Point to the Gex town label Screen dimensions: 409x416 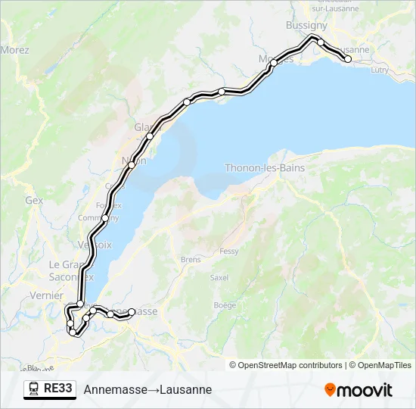pyautogui.click(x=34, y=201)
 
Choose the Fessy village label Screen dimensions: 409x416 pyautogui.click(x=229, y=251)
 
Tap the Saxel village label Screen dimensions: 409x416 pyautogui.click(x=219, y=278)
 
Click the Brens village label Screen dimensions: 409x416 pyautogui.click(x=191, y=259)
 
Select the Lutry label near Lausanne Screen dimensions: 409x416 pyautogui.click(x=380, y=70)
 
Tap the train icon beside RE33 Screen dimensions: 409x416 pyautogui.click(x=34, y=389)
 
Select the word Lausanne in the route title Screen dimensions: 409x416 pyautogui.click(x=186, y=389)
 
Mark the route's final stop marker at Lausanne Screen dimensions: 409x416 pyautogui.click(x=347, y=59)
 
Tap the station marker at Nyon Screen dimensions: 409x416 pyautogui.click(x=132, y=164)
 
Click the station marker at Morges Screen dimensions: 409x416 pyautogui.click(x=272, y=64)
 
